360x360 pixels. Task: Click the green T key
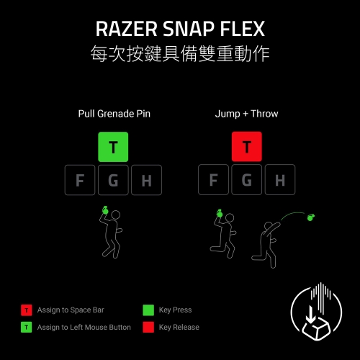[x=113, y=147]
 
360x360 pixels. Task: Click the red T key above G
[x=247, y=146]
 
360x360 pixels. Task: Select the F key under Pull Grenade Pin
[x=80, y=180]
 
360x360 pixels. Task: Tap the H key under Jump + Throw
[x=280, y=179]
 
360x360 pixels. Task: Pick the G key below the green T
[x=113, y=180]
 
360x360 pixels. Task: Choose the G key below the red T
[x=247, y=179]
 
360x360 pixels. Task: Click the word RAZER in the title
[x=127, y=29]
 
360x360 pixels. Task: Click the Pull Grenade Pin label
[x=114, y=114]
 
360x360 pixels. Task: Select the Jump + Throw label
[x=246, y=114]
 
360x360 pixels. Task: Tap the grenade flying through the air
[x=311, y=217]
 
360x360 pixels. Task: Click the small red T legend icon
[x=27, y=310]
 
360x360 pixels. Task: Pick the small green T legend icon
[x=27, y=327]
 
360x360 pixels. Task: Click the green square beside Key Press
[x=148, y=310]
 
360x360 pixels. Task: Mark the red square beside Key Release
[x=148, y=327]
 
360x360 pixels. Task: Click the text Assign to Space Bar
[x=71, y=310]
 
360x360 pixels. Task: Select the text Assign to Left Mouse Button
[x=84, y=327]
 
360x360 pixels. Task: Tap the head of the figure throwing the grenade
[x=268, y=226]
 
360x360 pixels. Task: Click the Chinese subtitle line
[x=180, y=53]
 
